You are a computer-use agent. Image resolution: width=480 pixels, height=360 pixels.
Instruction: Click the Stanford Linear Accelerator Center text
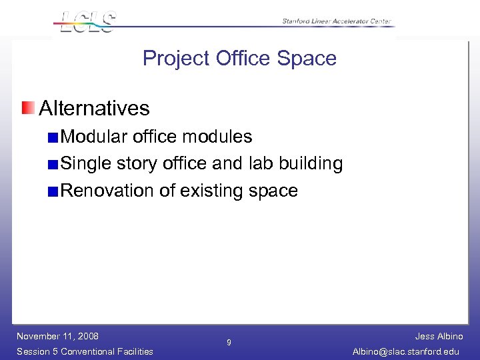337,21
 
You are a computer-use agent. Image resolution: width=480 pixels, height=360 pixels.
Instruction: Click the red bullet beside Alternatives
27,107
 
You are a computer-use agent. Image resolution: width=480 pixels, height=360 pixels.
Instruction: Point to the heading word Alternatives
94,108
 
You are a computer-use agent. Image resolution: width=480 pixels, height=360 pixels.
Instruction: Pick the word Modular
94,137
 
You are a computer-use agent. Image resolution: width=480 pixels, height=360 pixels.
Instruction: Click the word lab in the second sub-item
261,164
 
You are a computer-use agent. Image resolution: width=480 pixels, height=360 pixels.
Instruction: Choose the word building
311,164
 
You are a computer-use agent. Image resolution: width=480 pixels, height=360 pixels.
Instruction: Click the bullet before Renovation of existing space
53,191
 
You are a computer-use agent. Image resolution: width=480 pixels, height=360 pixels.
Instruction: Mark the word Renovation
107,191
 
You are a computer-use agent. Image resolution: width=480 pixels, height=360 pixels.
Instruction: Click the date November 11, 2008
57,336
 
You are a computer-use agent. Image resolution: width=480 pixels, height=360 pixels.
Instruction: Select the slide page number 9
229,343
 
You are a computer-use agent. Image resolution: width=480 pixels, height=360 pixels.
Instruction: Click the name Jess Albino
439,337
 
